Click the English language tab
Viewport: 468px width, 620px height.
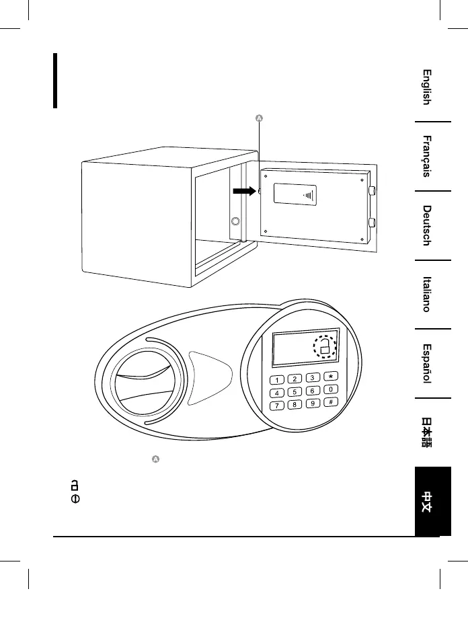click(x=426, y=87)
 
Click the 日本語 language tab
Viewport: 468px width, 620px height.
click(x=426, y=433)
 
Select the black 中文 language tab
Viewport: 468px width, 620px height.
click(x=426, y=501)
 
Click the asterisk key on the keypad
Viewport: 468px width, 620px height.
click(x=331, y=377)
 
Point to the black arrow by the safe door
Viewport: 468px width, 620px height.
click(x=245, y=191)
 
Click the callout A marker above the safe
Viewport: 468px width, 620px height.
click(x=260, y=119)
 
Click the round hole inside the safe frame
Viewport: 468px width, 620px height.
click(x=235, y=221)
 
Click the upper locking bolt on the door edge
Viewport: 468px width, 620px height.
click(x=371, y=191)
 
